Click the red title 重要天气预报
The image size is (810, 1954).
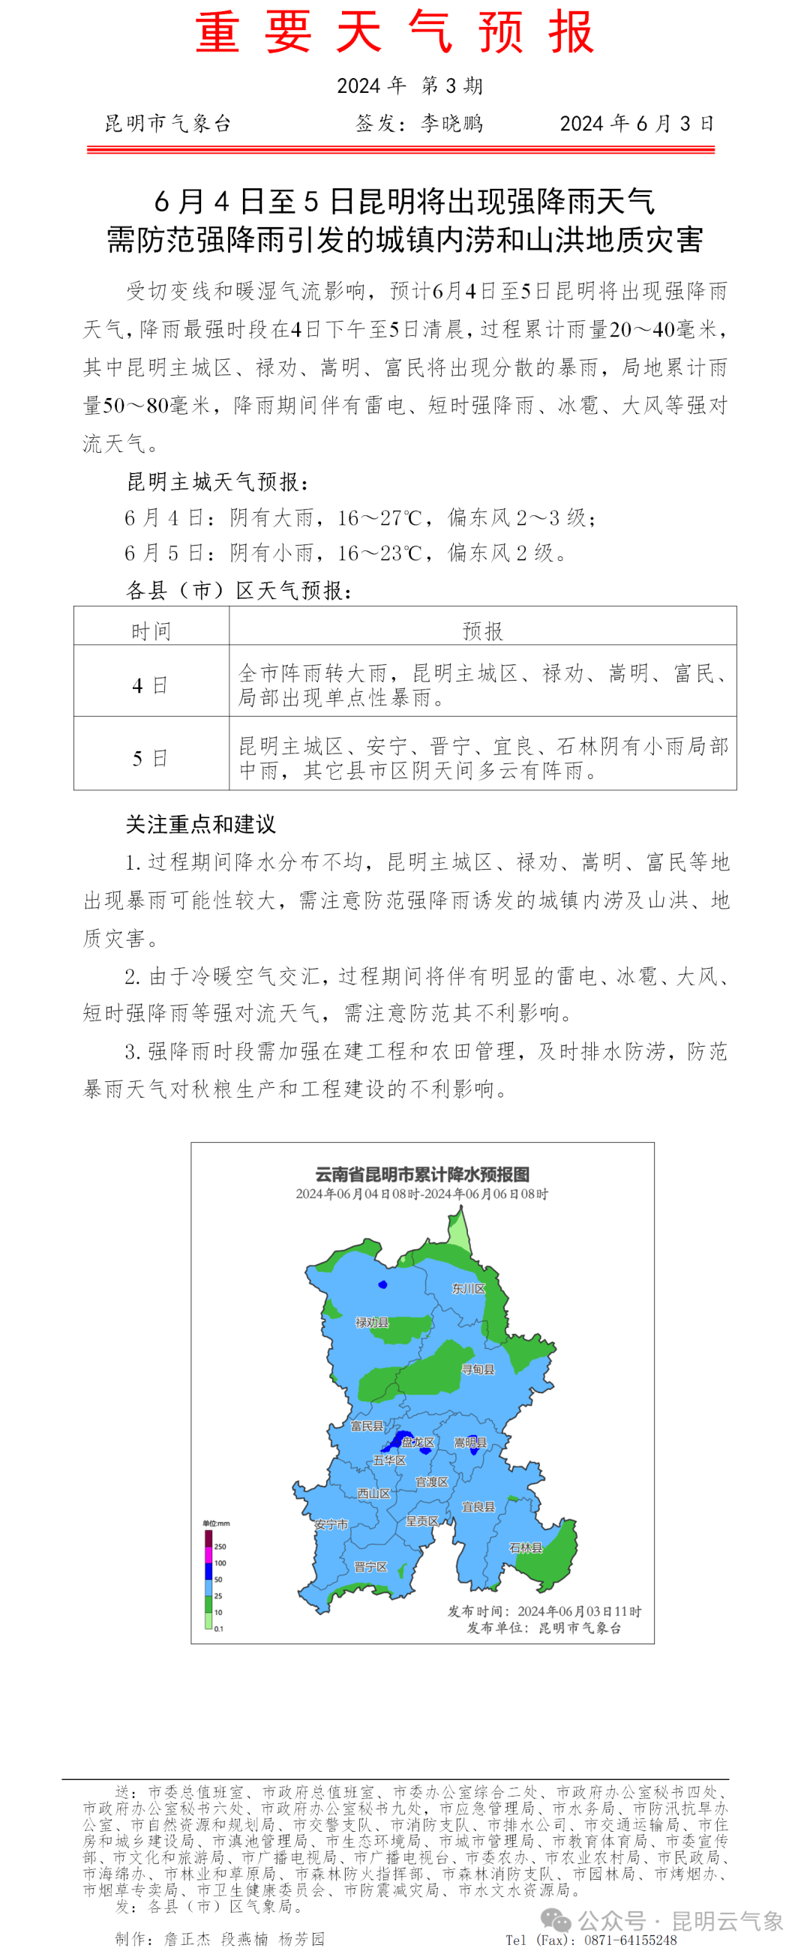pos(394,33)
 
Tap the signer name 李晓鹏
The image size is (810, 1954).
pos(451,124)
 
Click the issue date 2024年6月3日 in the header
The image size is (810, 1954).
pos(636,124)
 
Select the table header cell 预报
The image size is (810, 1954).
pos(482,631)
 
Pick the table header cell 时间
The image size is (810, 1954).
pos(151,631)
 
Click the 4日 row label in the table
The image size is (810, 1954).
pos(150,685)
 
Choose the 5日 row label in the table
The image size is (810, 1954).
pos(150,758)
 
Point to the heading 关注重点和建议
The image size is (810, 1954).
pos(200,824)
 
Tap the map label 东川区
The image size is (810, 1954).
pos(468,1288)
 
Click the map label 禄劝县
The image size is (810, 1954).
pos(373,1322)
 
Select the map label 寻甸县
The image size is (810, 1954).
pos(478,1369)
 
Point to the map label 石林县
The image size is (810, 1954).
pos(526,1548)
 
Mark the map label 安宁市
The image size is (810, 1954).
pos(331,1524)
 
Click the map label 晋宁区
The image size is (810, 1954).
pos(370,1566)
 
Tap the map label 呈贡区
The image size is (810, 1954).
pos(421,1521)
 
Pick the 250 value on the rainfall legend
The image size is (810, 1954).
pos(220,1546)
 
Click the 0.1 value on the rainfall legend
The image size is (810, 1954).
pos(218,1629)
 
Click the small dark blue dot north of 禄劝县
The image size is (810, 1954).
pos(382,1284)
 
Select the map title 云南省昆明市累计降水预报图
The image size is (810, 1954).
pos(421,1174)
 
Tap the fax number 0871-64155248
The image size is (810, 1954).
pos(630,1940)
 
